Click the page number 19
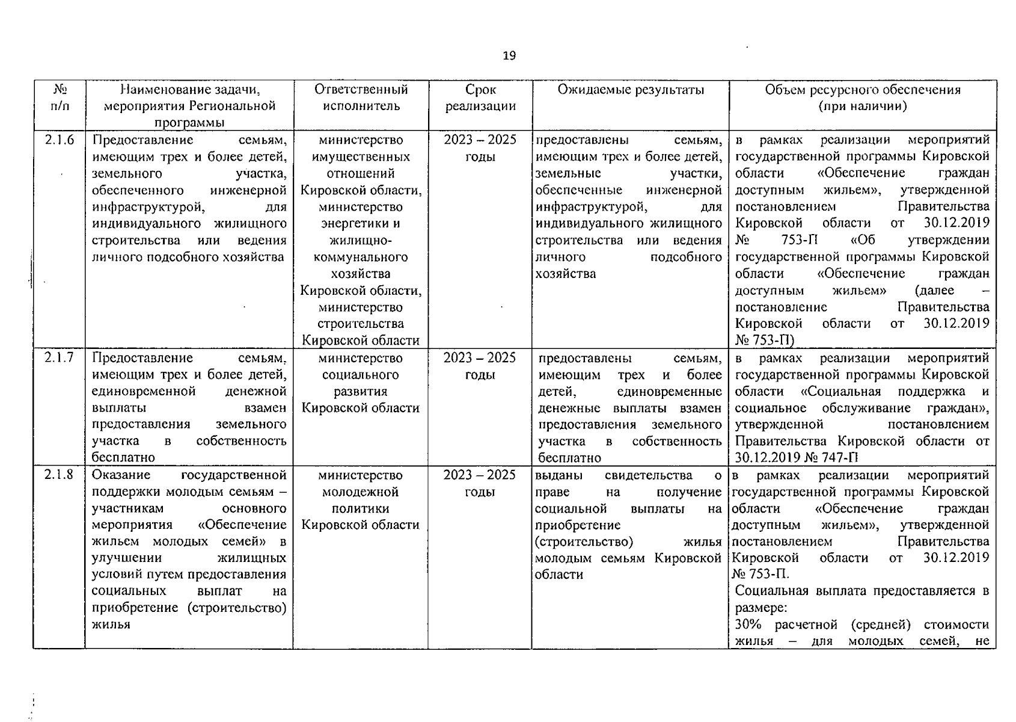tap(509, 56)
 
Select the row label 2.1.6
tap(59, 140)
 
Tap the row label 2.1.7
tap(59, 357)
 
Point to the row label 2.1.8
tap(59, 475)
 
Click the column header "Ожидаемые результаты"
tap(630, 90)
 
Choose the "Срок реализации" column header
tap(480, 98)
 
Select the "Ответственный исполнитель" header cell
tap(361, 98)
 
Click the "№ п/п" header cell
tap(60, 98)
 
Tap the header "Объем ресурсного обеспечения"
tap(862, 90)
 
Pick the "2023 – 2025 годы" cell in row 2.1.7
tap(480, 366)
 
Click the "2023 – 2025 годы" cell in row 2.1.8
tap(480, 483)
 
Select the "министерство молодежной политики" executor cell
tap(360, 500)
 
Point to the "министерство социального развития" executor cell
tap(360, 383)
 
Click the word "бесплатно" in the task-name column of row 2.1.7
tap(123, 458)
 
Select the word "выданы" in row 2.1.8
tap(558, 475)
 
